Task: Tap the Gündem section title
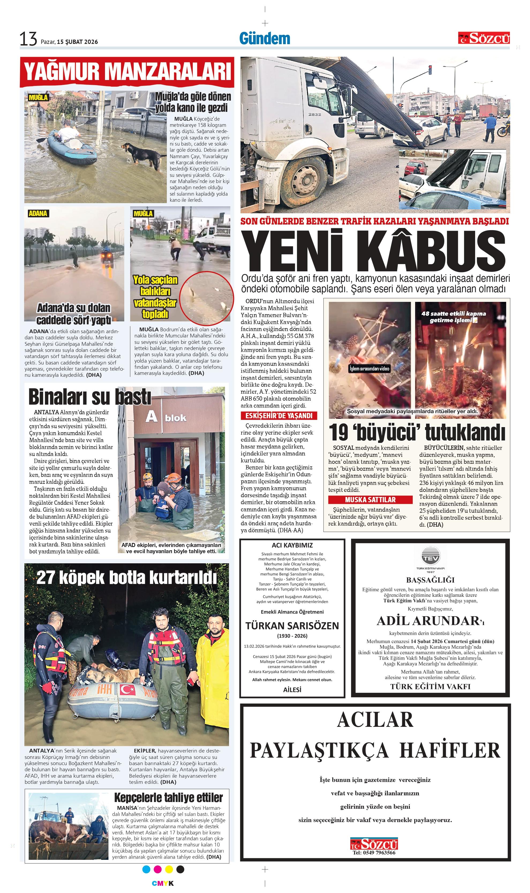[x=265, y=39]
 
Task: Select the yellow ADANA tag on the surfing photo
[x=38, y=213]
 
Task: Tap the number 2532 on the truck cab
[x=315, y=115]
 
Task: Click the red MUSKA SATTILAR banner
[x=370, y=499]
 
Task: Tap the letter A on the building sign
[x=151, y=416]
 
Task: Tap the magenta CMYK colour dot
[x=157, y=869]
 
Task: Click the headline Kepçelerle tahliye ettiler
[x=168, y=797]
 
